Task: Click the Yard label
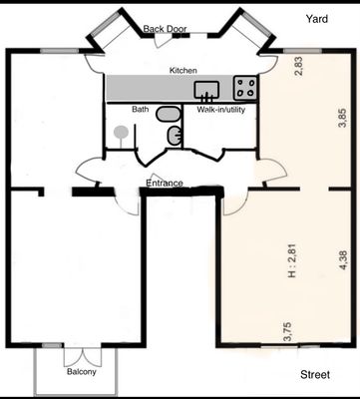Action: coord(316,19)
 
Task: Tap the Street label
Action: coord(315,375)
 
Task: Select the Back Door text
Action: coord(165,29)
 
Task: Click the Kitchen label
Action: coord(183,71)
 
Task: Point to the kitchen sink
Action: coord(206,90)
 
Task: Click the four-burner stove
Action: coord(245,88)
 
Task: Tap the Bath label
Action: coord(141,109)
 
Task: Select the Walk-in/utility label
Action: coord(221,110)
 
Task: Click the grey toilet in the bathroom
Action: coord(168,114)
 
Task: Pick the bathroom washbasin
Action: coord(174,136)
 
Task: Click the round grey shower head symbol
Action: coord(121,133)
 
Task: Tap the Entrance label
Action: coord(165,183)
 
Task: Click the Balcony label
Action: coord(82,371)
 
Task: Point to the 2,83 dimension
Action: coord(299,67)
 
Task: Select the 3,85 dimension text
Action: coord(342,118)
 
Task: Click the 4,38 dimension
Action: coord(342,260)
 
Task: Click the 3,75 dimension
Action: coord(287,331)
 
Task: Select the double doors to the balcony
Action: coord(82,356)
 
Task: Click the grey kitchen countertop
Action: coord(181,88)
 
